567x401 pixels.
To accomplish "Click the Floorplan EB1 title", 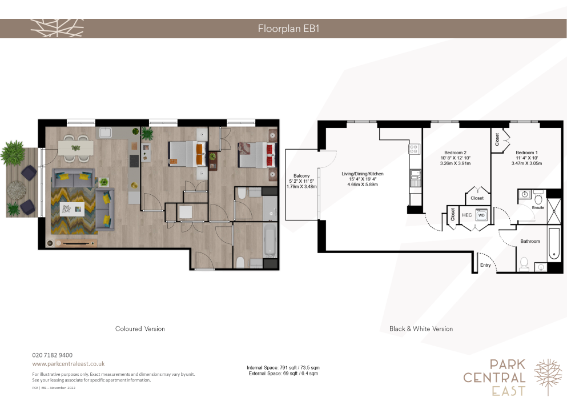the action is click(288, 29).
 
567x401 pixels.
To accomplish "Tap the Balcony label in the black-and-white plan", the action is click(301, 176).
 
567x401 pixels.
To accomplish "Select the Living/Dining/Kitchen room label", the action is click(363, 174).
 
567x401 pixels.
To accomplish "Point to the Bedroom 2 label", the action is click(455, 153).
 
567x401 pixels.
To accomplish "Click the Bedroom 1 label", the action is click(526, 153).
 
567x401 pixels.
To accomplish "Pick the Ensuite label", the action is click(538, 208).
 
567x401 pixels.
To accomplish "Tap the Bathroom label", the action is click(530, 242).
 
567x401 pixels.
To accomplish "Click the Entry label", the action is click(485, 265).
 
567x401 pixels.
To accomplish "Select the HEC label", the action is click(467, 215).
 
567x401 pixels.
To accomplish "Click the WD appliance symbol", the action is click(481, 215).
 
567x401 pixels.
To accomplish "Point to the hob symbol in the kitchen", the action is click(414, 149).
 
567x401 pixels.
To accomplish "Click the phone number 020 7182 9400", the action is click(53, 355).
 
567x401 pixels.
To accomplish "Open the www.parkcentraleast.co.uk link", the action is click(69, 364).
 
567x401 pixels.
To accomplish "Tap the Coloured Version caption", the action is click(140, 328).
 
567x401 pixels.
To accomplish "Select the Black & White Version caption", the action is click(421, 328).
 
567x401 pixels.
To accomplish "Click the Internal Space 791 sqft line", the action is click(283, 368).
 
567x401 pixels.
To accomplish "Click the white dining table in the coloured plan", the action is click(76, 148).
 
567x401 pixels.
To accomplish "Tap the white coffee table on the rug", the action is click(72, 209).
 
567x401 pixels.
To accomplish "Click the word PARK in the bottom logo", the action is click(508, 364).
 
